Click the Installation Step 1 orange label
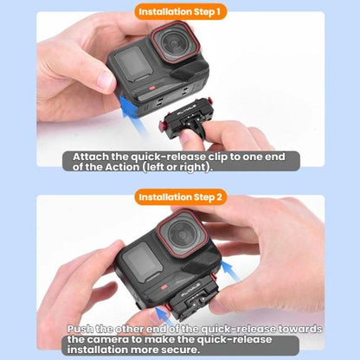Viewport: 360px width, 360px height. click(180, 12)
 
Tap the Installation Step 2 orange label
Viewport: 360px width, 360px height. click(180, 197)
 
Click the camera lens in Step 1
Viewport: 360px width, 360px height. click(175, 42)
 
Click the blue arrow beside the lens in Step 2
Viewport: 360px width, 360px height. click(231, 271)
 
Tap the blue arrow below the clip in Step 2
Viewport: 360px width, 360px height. click(165, 315)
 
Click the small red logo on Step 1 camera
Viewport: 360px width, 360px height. click(152, 88)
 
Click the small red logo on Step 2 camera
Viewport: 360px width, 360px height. click(164, 287)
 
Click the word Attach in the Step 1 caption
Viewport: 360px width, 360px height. click(91, 157)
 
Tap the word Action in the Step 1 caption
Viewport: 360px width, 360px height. click(122, 167)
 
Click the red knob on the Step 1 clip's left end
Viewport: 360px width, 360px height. click(162, 126)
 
